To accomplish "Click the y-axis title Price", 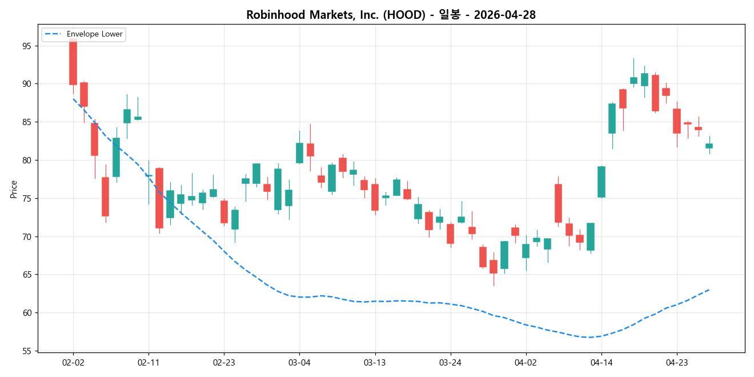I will click(x=14, y=188).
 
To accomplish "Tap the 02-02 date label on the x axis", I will click(x=73, y=362).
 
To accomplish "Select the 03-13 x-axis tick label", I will click(x=375, y=362).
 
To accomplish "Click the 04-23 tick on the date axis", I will click(x=676, y=362).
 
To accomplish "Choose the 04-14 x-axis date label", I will click(x=601, y=362).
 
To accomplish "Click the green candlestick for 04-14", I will click(x=601, y=182).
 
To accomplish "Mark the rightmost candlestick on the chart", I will click(x=709, y=146).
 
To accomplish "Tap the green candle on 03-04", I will click(x=299, y=153).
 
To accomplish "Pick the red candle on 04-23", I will click(x=676, y=121).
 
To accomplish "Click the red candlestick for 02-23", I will click(x=224, y=211).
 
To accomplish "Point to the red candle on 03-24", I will click(x=450, y=234).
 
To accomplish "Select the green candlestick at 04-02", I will click(x=526, y=251).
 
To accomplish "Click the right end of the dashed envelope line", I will click(x=709, y=290).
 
